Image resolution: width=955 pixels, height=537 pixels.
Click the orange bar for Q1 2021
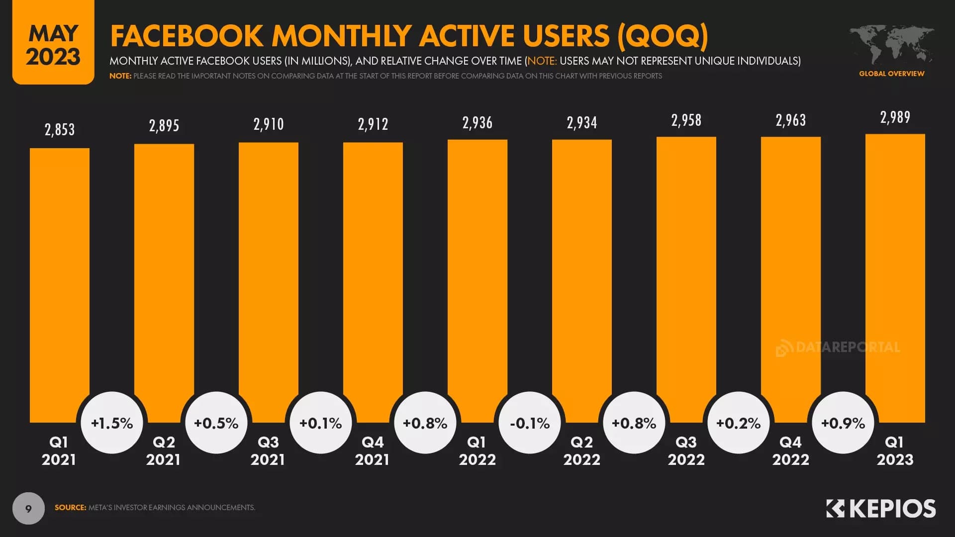(60, 278)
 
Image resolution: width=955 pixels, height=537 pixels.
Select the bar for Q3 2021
(269, 278)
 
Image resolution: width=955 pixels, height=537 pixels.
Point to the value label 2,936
(477, 123)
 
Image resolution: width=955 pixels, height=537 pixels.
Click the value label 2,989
(895, 117)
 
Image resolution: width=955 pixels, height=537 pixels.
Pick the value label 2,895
(164, 126)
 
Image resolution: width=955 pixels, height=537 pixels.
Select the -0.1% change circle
(530, 423)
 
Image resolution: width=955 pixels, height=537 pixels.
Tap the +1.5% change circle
(112, 423)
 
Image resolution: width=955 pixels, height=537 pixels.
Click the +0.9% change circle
(843, 423)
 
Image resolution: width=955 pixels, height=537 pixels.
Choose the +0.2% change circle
(739, 423)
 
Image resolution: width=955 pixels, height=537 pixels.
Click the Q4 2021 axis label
(373, 450)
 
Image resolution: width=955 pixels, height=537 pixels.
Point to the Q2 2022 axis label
(581, 450)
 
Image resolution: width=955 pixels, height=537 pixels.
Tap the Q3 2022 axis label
(686, 450)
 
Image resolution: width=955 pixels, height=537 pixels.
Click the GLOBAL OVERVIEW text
(891, 74)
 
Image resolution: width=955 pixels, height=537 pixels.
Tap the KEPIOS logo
(881, 509)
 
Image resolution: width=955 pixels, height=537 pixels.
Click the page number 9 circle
(28, 509)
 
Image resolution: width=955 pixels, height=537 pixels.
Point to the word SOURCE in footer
(70, 508)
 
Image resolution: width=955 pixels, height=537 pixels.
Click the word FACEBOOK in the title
(187, 36)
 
